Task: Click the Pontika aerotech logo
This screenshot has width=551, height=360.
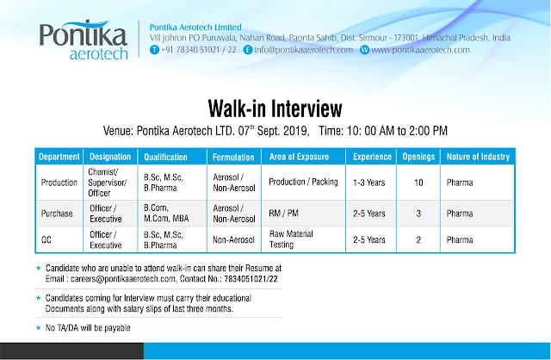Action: [x=84, y=40]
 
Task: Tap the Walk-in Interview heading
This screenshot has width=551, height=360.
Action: [x=275, y=109]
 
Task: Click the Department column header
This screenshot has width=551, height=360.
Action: [x=59, y=157]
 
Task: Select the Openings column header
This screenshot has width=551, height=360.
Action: [x=418, y=157]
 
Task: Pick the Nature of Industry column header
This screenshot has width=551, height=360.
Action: [x=478, y=157]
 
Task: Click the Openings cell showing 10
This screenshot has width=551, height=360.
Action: [x=418, y=183]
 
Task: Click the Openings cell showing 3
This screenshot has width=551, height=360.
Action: [x=418, y=214]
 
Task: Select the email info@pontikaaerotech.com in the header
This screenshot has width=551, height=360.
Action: [x=303, y=50]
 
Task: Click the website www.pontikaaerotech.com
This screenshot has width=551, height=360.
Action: [x=420, y=50]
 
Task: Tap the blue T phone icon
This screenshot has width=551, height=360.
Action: [x=154, y=50]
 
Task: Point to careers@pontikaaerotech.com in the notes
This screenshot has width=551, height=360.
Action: [x=123, y=279]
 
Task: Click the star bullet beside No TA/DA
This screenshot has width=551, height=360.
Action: [x=39, y=327]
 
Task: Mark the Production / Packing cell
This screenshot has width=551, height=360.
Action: [x=303, y=182]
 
